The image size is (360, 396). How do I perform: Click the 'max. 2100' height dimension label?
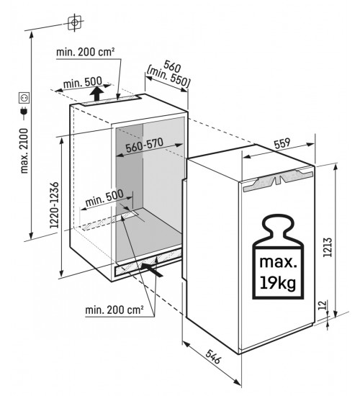click(x=24, y=150)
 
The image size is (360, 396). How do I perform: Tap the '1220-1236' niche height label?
click(x=54, y=205)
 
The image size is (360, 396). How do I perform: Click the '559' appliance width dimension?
click(x=282, y=143)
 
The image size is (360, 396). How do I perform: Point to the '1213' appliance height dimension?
click(x=327, y=247)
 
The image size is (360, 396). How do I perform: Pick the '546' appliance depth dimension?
click(x=213, y=356)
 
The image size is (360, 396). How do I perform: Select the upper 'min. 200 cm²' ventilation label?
click(x=86, y=52)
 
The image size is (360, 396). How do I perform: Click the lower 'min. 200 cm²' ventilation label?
click(x=114, y=310)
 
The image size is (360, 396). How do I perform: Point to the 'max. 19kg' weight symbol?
click(x=278, y=256)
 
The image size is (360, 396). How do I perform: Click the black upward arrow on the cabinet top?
click(x=96, y=94)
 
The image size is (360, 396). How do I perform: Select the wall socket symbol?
click(x=24, y=98)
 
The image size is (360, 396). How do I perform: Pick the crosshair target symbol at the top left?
click(x=75, y=23)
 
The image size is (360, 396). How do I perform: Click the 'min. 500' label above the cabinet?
click(x=83, y=82)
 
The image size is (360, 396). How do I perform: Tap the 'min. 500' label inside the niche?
click(x=104, y=198)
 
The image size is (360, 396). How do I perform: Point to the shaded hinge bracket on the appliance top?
click(x=278, y=180)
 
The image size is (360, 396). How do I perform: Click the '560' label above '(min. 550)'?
click(x=172, y=66)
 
